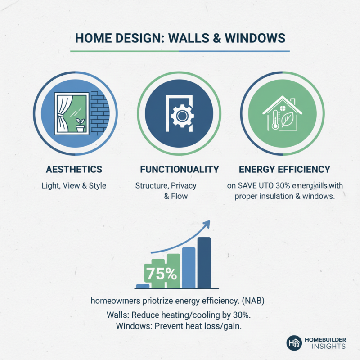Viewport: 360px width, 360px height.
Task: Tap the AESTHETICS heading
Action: (x=74, y=170)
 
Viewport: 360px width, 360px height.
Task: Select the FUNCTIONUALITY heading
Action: (x=180, y=170)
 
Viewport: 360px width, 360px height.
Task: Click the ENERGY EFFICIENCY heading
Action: (x=285, y=170)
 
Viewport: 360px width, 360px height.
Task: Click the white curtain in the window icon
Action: (x=61, y=112)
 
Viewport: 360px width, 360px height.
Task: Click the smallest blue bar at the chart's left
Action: (x=142, y=286)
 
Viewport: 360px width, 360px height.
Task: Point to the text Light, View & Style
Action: (x=74, y=185)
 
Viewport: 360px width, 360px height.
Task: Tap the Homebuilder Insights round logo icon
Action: (x=294, y=343)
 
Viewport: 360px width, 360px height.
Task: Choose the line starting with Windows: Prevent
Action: (x=179, y=326)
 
